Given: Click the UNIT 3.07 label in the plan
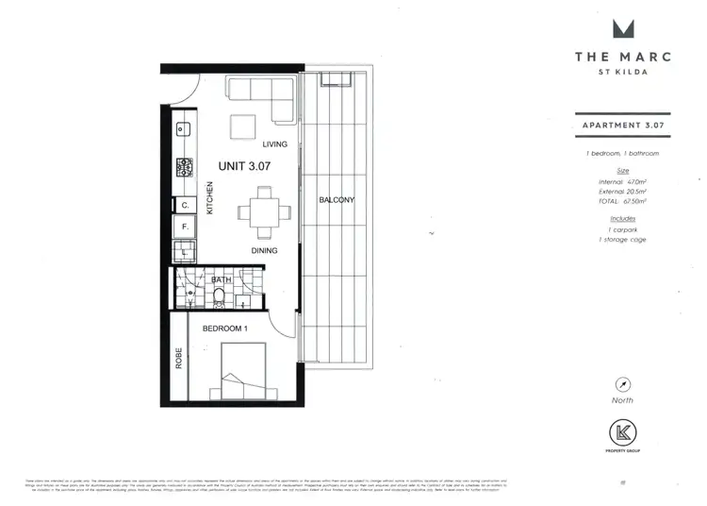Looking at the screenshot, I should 244,165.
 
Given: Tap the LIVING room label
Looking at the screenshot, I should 274,144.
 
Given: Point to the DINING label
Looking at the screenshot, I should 263,250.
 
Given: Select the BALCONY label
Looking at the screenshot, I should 336,200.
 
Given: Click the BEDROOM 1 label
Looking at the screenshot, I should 225,329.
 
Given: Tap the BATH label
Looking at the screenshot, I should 222,279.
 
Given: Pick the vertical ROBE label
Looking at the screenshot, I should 178,358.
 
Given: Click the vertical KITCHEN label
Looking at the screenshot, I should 210,197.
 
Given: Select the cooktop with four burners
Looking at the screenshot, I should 184,167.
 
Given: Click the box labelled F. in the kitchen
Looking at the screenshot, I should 185,228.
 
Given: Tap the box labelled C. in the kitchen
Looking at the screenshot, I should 185,204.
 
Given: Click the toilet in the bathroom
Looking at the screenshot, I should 220,296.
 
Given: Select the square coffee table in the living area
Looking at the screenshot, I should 244,126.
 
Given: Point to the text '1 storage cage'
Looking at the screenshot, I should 622,240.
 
